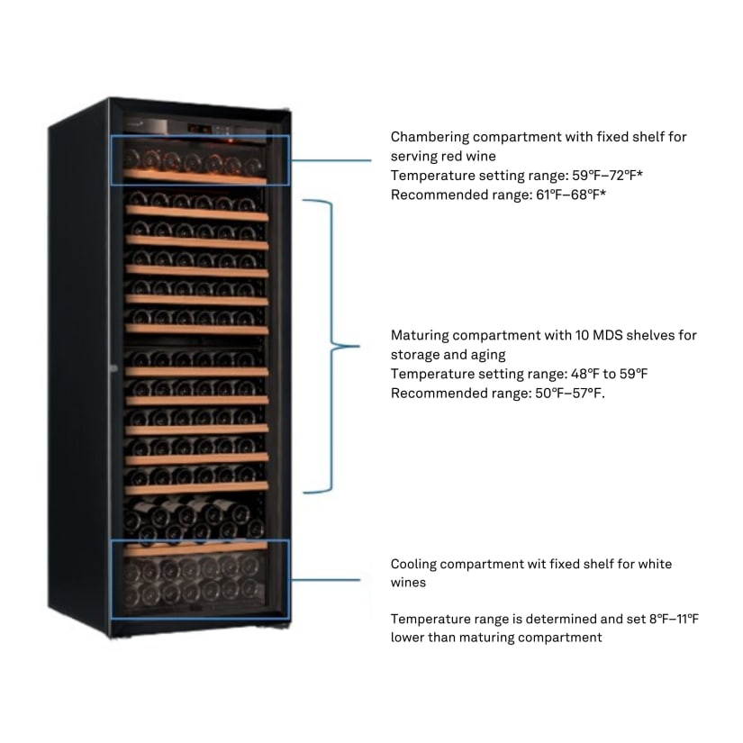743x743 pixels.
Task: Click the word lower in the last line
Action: point(408,638)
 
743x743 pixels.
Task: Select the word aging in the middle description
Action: point(488,354)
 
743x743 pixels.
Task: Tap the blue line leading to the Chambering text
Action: point(331,160)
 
